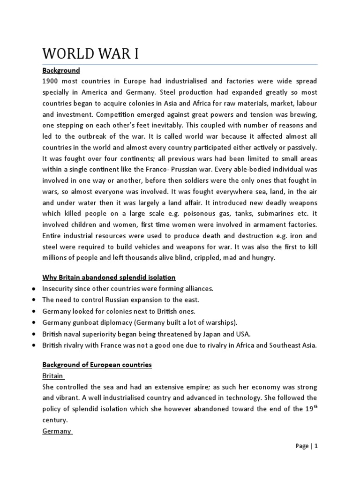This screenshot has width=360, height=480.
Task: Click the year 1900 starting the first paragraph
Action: point(51,82)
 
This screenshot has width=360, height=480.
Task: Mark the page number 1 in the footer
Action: point(316,459)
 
